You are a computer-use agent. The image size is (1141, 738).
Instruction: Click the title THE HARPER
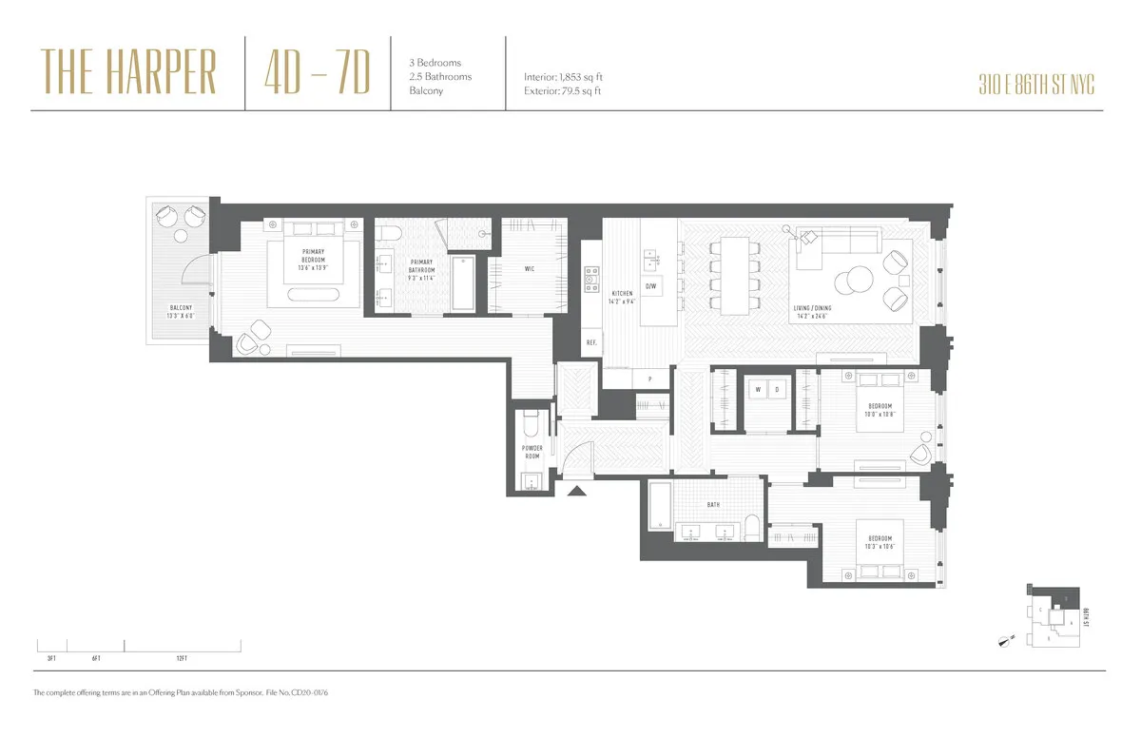129,72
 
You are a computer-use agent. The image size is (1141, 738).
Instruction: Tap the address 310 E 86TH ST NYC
1035,85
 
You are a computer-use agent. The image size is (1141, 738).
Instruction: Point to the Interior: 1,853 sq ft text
563,77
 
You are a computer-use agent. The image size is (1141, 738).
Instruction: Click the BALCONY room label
181,308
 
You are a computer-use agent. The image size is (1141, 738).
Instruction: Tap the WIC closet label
529,269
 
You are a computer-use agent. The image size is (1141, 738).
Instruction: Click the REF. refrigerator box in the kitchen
590,342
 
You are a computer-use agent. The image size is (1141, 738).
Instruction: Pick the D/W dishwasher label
650,286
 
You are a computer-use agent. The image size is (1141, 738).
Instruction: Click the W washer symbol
758,390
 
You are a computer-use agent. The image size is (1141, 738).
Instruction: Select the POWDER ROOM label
532,452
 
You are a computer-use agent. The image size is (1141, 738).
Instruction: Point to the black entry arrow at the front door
575,492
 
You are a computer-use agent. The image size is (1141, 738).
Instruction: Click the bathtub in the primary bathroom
463,282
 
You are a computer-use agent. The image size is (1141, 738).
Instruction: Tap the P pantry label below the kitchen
649,379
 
